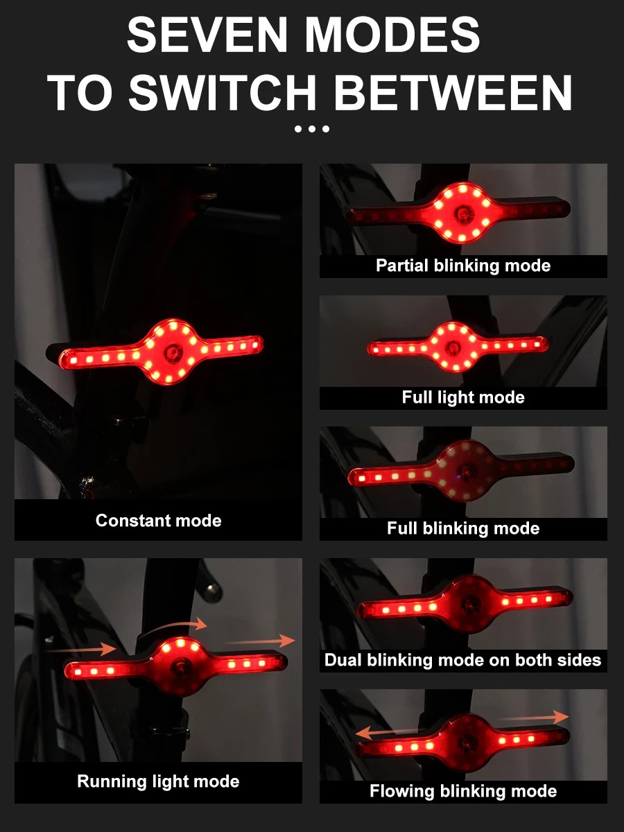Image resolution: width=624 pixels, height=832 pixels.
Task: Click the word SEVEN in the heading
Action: (x=207, y=35)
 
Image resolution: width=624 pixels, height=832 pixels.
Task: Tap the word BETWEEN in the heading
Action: (x=453, y=92)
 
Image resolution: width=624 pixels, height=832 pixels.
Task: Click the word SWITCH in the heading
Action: (x=223, y=92)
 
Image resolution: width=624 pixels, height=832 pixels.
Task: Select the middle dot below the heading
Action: (x=312, y=129)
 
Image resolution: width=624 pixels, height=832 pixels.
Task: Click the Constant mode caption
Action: (x=158, y=521)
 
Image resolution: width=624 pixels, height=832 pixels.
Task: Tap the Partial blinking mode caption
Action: (x=463, y=266)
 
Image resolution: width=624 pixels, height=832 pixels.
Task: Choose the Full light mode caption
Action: (x=463, y=397)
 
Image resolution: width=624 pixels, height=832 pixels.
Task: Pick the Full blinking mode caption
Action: (x=463, y=528)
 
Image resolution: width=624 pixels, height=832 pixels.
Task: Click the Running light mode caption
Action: (x=158, y=781)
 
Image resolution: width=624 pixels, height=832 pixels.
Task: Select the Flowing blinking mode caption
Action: (x=463, y=791)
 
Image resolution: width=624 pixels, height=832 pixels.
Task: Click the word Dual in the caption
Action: (x=343, y=660)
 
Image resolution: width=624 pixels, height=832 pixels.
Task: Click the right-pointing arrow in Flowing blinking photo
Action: (x=532, y=717)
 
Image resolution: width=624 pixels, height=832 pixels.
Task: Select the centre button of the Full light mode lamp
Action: (x=453, y=347)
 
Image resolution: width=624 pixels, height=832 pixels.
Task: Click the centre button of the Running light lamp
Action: (x=180, y=668)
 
